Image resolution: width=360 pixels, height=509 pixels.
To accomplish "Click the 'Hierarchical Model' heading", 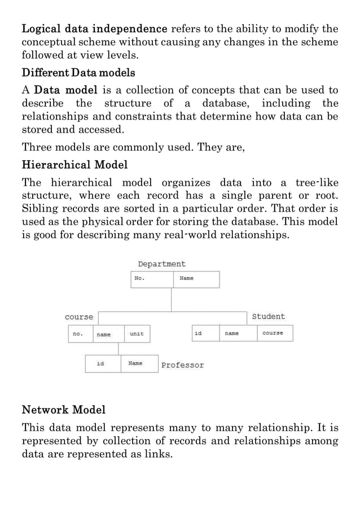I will pyautogui.click(x=74, y=165).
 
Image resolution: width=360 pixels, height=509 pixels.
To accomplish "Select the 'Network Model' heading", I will pyautogui.click(x=63, y=409).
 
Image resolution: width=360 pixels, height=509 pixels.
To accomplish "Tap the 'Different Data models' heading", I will pyautogui.click(x=78, y=73).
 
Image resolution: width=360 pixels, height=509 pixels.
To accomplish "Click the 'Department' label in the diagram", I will pyautogui.click(x=161, y=264).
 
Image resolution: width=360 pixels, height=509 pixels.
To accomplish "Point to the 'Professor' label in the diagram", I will pyautogui.click(x=182, y=365).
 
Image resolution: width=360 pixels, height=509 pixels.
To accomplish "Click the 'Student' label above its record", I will pyautogui.click(x=268, y=317).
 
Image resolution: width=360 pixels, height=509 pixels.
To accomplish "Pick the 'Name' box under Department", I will pyautogui.click(x=195, y=279).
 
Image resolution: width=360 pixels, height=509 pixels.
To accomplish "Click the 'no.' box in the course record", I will pyautogui.click(x=80, y=334).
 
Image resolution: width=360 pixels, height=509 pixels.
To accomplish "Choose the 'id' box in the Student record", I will pyautogui.click(x=205, y=334).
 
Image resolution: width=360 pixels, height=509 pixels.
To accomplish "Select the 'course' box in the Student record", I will pyautogui.click(x=275, y=334).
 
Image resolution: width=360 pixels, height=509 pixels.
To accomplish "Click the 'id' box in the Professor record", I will pyautogui.click(x=103, y=364).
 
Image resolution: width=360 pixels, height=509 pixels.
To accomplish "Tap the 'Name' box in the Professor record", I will pyautogui.click(x=139, y=364).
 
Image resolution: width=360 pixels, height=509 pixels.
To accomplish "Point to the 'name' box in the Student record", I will pyautogui.click(x=239, y=334).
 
